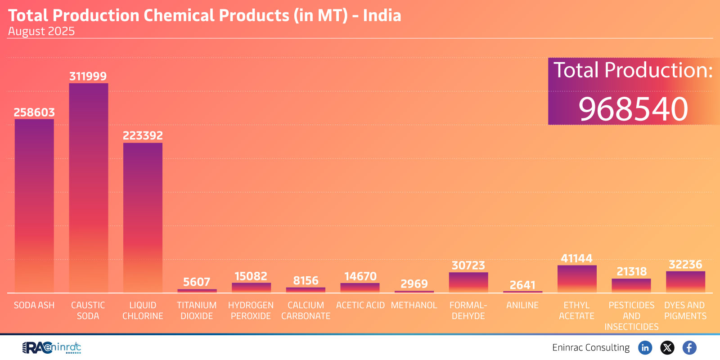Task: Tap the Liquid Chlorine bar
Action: click(x=143, y=218)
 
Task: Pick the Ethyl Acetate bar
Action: click(x=577, y=279)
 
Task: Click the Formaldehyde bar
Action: click(x=468, y=283)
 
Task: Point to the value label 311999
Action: click(x=88, y=76)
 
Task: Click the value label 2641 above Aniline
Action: click(x=522, y=285)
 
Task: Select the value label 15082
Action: click(x=251, y=276)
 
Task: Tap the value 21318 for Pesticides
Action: click(x=631, y=271)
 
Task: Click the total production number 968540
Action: click(x=633, y=109)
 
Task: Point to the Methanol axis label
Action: click(x=414, y=305)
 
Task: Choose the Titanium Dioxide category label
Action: click(x=197, y=310)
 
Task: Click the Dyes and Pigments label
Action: click(x=685, y=310)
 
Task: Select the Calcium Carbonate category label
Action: click(x=306, y=310)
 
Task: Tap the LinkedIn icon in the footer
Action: click(x=645, y=347)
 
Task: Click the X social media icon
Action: click(x=667, y=347)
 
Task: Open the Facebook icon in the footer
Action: click(x=689, y=347)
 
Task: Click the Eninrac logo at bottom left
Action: click(x=51, y=347)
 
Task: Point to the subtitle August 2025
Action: click(x=41, y=31)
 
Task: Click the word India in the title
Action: click(x=382, y=15)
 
